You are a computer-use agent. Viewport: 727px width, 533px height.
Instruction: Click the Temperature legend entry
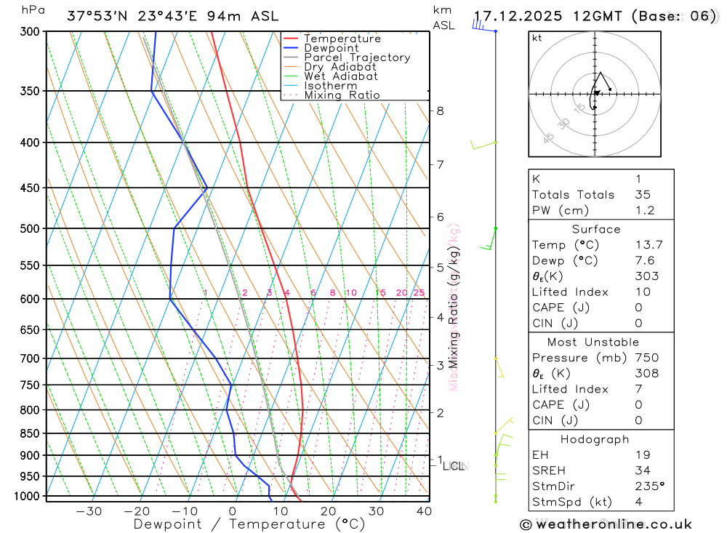[342, 39]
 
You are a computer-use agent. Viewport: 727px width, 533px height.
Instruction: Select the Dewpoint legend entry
[332, 48]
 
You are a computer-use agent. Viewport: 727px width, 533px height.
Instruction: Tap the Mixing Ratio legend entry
[342, 95]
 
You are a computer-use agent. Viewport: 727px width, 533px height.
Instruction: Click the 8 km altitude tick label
[440, 111]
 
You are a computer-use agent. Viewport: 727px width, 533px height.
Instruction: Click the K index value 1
[637, 179]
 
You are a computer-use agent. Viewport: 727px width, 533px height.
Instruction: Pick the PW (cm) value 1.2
[644, 211]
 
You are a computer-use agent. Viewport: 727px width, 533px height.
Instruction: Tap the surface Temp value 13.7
[648, 245]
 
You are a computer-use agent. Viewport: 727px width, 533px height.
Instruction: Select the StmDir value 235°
[648, 486]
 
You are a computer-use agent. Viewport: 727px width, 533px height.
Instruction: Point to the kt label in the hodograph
[537, 39]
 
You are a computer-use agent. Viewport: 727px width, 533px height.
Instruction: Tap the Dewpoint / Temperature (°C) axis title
[249, 524]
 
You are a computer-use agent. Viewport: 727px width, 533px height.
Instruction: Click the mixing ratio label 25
[419, 293]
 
